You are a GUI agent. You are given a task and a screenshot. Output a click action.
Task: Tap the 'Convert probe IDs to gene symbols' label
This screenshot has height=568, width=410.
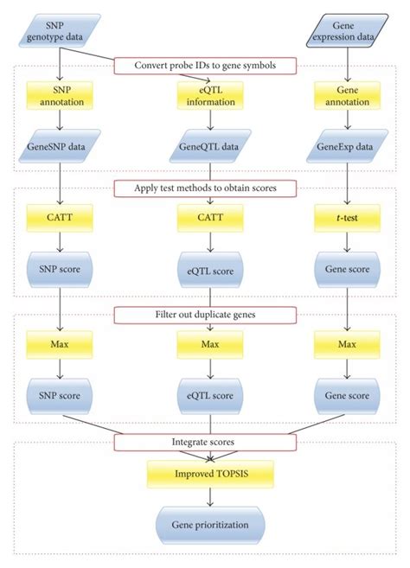tap(205, 65)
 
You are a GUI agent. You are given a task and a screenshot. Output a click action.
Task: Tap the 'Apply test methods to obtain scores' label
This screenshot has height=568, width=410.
tap(205, 188)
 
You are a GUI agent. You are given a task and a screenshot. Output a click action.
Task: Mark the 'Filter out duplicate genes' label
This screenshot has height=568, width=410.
tap(205, 314)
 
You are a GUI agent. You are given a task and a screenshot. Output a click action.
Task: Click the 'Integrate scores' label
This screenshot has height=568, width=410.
tap(205, 442)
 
